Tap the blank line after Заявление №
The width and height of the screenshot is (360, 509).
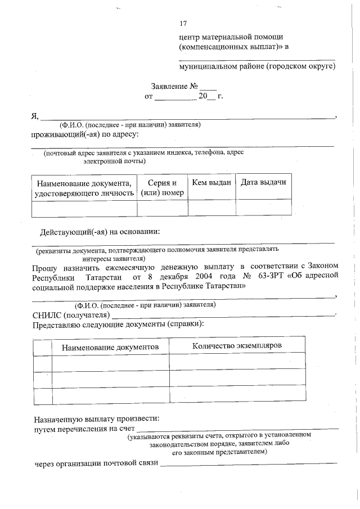(208, 89)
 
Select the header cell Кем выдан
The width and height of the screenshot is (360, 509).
(211, 182)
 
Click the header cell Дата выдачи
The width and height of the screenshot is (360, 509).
(263, 182)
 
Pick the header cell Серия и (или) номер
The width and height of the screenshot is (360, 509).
(162, 188)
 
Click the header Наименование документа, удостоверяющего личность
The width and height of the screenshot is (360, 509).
(84, 188)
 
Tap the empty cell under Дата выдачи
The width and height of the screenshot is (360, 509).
(263, 208)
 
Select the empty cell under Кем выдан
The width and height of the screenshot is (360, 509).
(211, 208)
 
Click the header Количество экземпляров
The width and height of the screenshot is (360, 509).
(237, 345)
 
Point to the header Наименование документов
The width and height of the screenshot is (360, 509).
(110, 346)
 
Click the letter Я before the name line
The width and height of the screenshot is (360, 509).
(34, 116)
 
